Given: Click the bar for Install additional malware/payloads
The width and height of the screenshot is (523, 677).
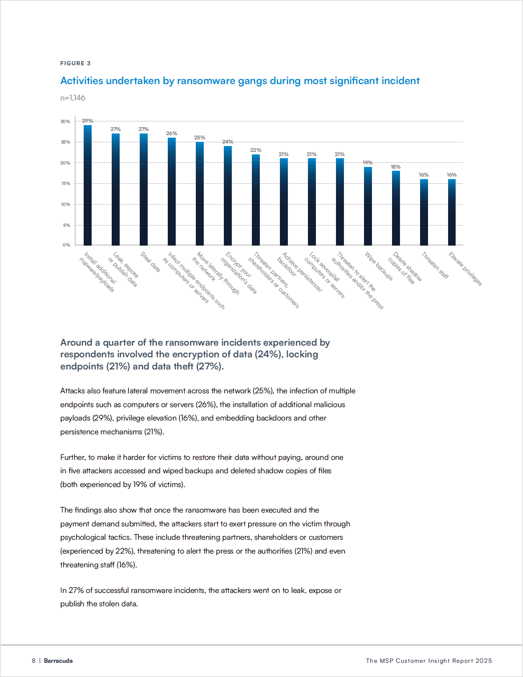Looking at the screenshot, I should (87, 185).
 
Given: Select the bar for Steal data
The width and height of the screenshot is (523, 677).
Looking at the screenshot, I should (144, 189).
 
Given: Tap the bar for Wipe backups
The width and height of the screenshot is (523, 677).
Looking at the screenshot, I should (368, 206).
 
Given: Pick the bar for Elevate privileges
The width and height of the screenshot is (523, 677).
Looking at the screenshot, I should (452, 212).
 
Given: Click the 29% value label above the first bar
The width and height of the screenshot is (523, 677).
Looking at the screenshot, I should (87, 121).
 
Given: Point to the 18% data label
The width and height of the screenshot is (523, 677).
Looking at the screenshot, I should (396, 167).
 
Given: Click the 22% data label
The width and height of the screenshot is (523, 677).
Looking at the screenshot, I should (256, 150).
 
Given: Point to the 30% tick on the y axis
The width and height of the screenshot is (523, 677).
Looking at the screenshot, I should (65, 122).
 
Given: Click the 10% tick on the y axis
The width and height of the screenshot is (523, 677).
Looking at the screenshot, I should (65, 205).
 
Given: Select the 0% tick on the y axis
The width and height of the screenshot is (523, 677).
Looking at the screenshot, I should (66, 245).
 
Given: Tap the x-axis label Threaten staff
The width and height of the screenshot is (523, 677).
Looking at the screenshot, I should (435, 265).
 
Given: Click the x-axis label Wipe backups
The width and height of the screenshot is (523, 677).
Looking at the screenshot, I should (379, 266).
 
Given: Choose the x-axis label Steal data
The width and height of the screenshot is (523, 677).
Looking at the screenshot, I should (150, 262).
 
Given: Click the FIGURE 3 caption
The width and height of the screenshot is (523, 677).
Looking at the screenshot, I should (75, 63).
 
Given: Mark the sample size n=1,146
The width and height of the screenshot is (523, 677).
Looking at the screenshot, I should (73, 98).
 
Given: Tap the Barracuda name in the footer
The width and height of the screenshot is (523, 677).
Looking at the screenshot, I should (58, 661).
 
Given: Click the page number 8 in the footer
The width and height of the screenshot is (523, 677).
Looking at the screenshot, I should (33, 661).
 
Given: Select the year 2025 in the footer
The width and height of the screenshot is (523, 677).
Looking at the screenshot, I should (484, 661).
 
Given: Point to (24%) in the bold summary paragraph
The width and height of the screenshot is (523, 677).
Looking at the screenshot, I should (268, 354).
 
